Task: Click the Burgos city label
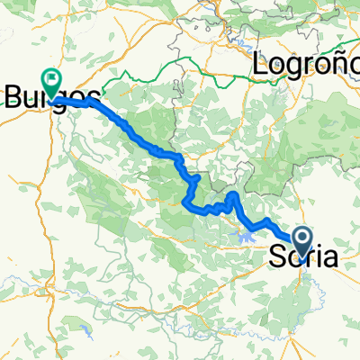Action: pos(52,96)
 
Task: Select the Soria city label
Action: pos(304,257)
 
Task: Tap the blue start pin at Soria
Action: pos(302,238)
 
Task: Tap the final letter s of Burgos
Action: pos(93,96)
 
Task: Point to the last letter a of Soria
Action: pos(330,257)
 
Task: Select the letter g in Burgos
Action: pos(61,98)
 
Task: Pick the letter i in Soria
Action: pos(317,257)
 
